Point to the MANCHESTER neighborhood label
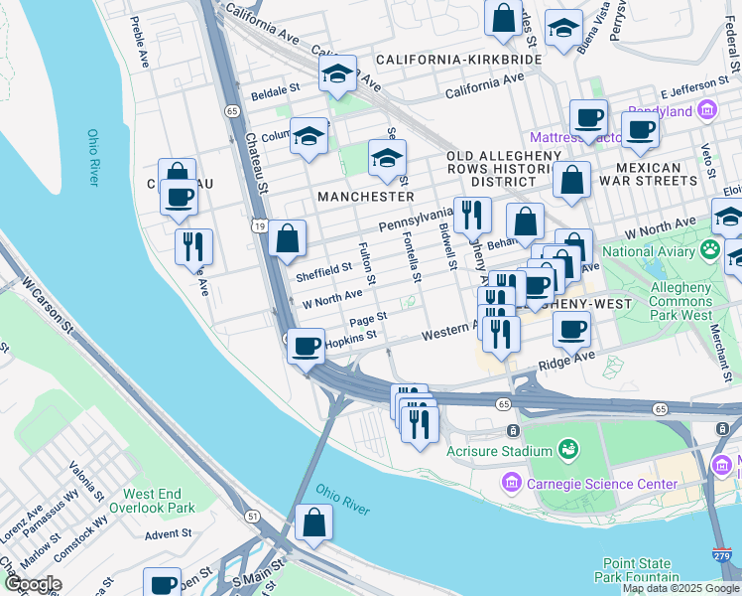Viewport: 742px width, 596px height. tap(366, 197)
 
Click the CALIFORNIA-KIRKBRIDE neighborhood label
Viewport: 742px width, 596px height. tap(458, 60)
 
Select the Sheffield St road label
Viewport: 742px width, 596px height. tap(324, 268)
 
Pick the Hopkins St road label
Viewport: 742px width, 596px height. tap(351, 338)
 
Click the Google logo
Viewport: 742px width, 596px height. tap(32, 584)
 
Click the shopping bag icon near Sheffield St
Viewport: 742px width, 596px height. tap(287, 238)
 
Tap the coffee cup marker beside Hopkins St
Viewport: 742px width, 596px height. tap(307, 347)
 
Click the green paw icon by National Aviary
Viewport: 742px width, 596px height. tap(710, 248)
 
